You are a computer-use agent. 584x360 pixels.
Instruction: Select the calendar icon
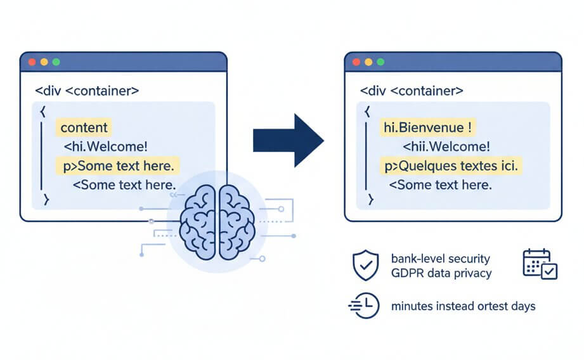540,264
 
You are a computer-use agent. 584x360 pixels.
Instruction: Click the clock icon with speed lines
364,306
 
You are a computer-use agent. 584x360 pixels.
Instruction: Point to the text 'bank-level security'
441,259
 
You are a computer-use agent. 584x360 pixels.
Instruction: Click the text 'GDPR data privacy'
441,273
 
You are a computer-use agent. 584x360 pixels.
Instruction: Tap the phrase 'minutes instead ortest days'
463,306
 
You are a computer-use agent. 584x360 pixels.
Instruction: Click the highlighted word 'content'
84,127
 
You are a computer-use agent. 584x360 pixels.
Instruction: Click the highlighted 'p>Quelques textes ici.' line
451,166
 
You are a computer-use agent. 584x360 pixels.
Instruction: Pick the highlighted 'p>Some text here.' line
118,166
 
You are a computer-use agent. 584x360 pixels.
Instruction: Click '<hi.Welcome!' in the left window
105,147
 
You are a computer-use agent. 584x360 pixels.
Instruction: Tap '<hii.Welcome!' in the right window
446,147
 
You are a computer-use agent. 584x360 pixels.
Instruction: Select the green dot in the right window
380,62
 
